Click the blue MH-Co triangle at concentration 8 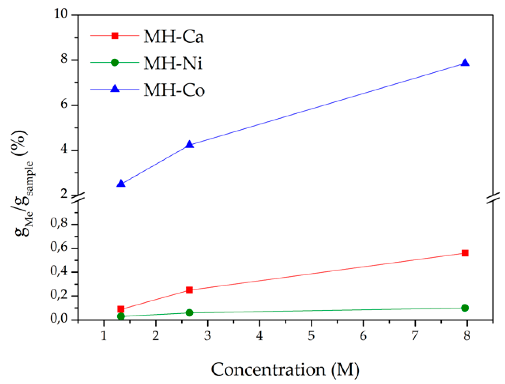click(x=465, y=63)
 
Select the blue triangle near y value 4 click(x=189, y=144)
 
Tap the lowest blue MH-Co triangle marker click(x=121, y=183)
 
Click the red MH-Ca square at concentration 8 click(x=465, y=253)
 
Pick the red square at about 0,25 click(x=189, y=290)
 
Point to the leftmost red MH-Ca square click(x=121, y=309)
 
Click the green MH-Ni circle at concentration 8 click(x=465, y=308)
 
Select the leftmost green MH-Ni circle click(x=121, y=316)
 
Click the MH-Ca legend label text click(x=174, y=37)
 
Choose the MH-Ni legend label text click(x=173, y=63)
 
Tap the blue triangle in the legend click(x=115, y=89)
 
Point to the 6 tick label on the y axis click(x=64, y=104)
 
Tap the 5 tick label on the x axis click(x=311, y=336)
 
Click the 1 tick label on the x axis click(x=104, y=336)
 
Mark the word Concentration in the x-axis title click(x=268, y=370)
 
